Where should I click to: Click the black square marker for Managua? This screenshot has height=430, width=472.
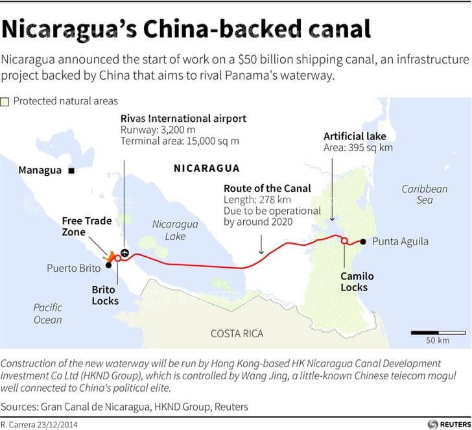click(x=71, y=171)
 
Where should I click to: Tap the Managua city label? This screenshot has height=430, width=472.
click(x=40, y=171)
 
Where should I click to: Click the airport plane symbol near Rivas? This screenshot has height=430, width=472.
click(x=125, y=252)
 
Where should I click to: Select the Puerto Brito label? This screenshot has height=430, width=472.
click(x=73, y=268)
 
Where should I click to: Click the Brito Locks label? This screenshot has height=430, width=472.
click(x=105, y=294)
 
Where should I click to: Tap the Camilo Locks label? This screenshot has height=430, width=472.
click(x=357, y=281)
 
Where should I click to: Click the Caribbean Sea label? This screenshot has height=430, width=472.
click(x=424, y=195)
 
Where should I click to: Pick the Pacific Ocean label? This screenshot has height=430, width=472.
click(x=48, y=313)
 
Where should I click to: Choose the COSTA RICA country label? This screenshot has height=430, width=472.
click(x=237, y=333)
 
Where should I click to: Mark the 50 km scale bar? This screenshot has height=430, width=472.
click(x=429, y=333)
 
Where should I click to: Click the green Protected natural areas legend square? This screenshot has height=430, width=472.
click(x=5, y=101)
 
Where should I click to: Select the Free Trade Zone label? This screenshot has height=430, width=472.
click(x=87, y=226)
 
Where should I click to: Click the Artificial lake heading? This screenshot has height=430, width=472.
click(x=355, y=136)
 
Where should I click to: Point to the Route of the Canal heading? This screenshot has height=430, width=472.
click(x=267, y=189)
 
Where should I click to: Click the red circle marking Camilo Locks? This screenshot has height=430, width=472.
click(x=344, y=241)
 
